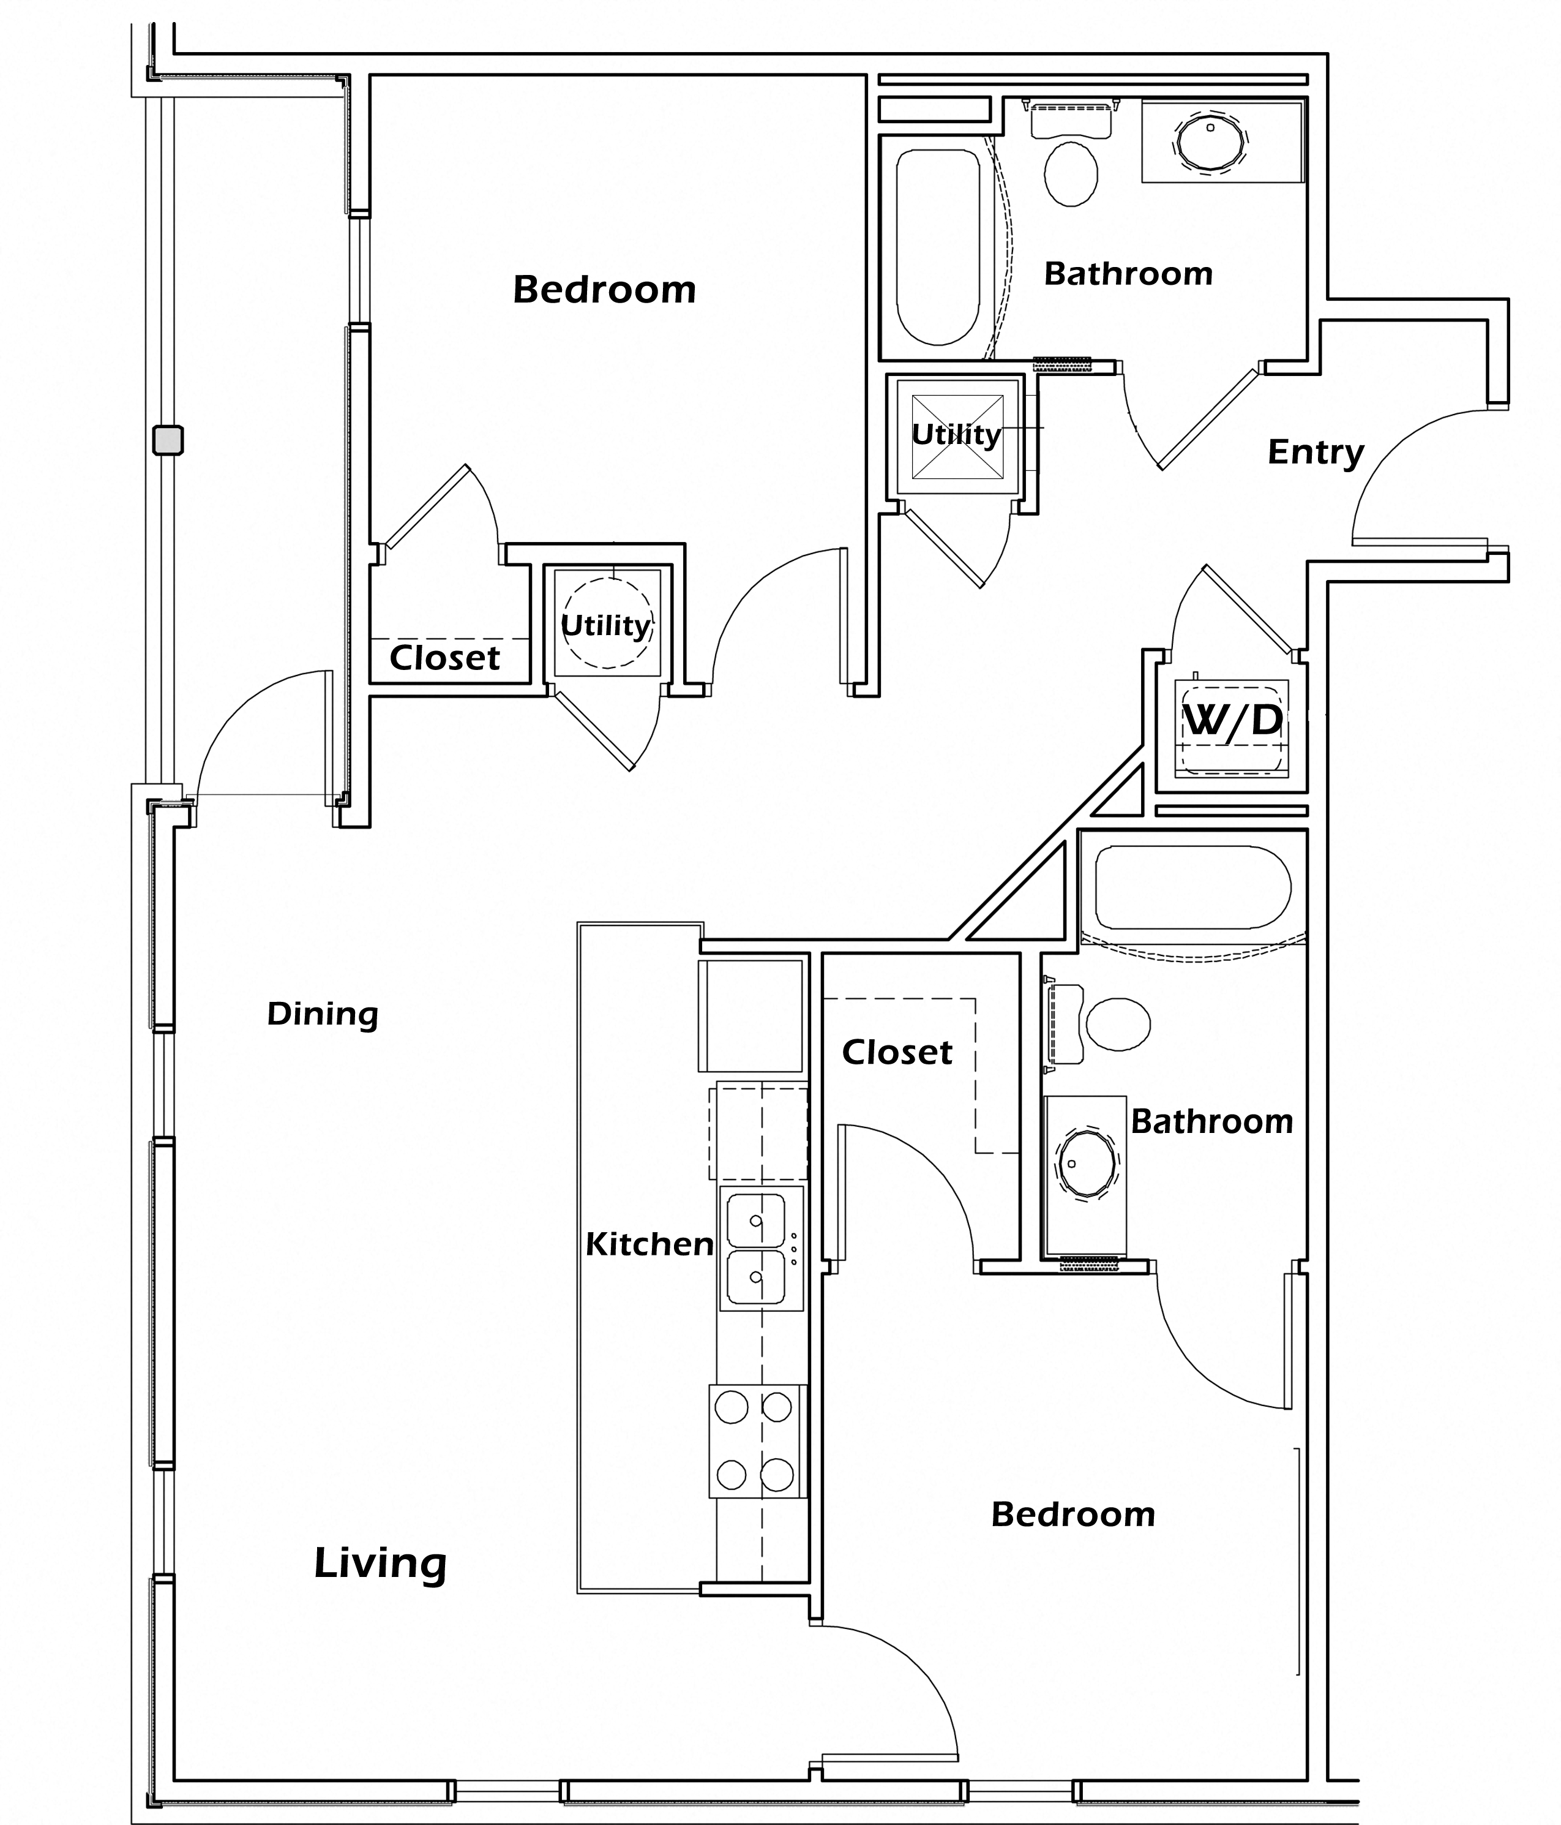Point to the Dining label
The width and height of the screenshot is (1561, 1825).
coord(322,1014)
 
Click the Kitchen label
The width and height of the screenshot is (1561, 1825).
coord(649,1244)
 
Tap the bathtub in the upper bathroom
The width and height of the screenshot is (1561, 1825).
coord(938,247)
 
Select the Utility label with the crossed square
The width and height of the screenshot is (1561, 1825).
coord(956,434)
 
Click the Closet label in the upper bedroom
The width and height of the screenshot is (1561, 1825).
coord(444,657)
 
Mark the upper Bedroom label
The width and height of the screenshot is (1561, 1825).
coord(604,290)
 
